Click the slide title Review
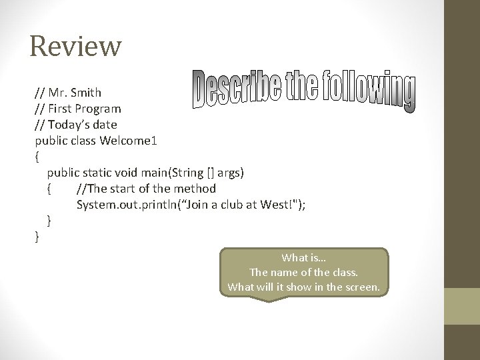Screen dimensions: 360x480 (x=75, y=47)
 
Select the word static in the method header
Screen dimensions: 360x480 (x=99, y=173)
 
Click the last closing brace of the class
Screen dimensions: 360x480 (x=37, y=236)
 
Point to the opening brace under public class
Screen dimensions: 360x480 (x=37, y=157)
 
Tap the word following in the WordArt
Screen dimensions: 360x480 (x=368, y=92)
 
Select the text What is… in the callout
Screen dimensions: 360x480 (x=303, y=258)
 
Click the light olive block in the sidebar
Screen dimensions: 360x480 (x=462, y=306)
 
